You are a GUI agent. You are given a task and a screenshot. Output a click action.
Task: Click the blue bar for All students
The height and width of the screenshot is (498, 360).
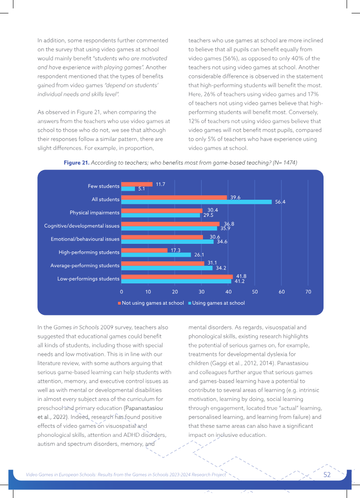pos(197,202)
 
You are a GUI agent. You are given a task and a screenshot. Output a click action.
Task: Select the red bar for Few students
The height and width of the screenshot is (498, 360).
pos(137,184)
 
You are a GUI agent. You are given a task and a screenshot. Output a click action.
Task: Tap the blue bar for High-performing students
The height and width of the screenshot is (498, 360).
pos(156,255)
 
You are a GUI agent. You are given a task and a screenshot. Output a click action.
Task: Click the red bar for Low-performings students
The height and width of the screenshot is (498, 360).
pos(177,277)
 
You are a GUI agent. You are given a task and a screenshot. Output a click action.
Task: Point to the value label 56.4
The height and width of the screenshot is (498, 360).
pos(280,202)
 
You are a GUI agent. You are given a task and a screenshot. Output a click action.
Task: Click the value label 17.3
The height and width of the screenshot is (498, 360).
pos(175,250)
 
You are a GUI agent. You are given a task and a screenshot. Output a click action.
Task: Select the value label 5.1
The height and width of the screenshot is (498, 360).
pos(141,188)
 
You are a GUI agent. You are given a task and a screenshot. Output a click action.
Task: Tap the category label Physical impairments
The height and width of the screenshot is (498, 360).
pos(94,212)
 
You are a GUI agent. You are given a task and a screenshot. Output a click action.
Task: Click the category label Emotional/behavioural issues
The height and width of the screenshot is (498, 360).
pos(85,239)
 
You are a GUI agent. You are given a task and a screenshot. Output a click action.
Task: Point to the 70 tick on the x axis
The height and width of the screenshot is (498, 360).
pos(308,292)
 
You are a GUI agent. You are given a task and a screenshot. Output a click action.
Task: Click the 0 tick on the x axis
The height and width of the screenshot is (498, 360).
pos(121,292)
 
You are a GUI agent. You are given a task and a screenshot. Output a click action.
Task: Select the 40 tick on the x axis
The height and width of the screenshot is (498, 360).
pos(228,292)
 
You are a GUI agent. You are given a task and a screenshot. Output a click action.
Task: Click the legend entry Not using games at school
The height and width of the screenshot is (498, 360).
pos(151,303)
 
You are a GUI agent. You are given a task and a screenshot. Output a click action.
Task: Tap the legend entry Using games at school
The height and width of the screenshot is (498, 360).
pos(216,303)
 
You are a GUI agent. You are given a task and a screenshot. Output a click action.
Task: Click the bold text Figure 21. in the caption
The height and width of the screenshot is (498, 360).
pos(76,162)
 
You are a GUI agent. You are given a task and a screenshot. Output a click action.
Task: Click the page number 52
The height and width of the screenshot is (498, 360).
pos(327,475)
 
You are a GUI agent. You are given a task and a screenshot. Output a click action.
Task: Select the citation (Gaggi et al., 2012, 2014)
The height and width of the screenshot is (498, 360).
pos(248,363)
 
